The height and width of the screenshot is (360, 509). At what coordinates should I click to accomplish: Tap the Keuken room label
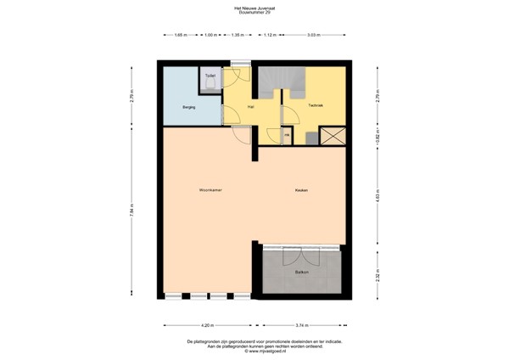tap(301, 189)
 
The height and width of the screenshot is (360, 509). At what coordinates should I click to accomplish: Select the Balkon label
tap(301, 272)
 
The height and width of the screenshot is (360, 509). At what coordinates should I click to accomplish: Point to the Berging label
tap(189, 107)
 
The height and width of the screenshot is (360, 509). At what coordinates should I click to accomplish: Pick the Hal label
tap(250, 107)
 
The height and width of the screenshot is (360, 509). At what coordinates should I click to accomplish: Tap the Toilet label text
tap(210, 76)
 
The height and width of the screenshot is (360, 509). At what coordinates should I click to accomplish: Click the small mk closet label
tap(286, 134)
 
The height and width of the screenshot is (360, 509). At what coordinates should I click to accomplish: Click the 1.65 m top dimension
tap(180, 35)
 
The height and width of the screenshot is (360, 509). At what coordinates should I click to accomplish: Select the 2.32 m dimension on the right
tap(378, 274)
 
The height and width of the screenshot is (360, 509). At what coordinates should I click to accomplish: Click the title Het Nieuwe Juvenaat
tap(255, 8)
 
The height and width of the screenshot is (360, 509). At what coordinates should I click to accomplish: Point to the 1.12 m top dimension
tap(270, 35)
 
